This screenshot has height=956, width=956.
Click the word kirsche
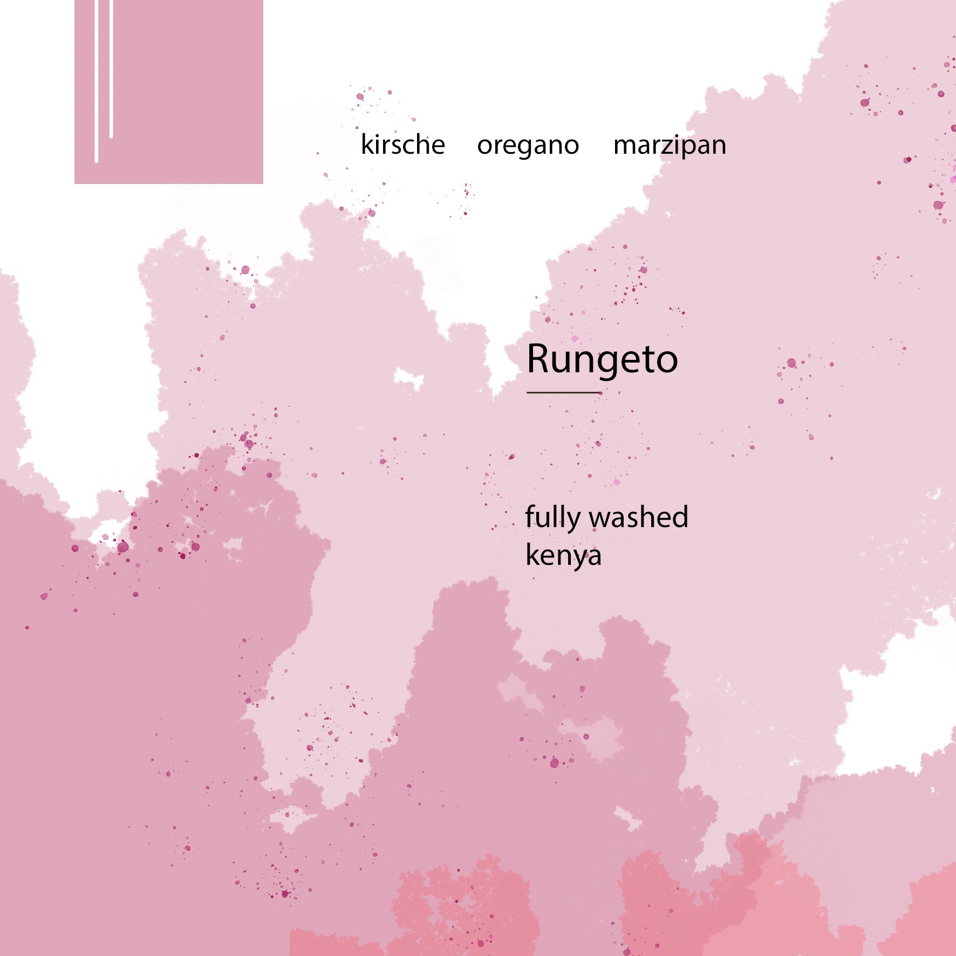pyautogui.click(x=402, y=145)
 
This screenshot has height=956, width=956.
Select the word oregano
pyautogui.click(x=528, y=146)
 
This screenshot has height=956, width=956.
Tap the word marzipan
pyautogui.click(x=670, y=146)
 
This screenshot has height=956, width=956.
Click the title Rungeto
pyautogui.click(x=602, y=359)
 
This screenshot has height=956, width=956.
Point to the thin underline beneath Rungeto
pyautogui.click(x=563, y=392)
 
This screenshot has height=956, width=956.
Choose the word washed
pyautogui.click(x=639, y=517)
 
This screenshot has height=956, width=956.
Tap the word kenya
pyautogui.click(x=563, y=556)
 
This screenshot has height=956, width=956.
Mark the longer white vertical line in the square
pyautogui.click(x=97, y=81)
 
